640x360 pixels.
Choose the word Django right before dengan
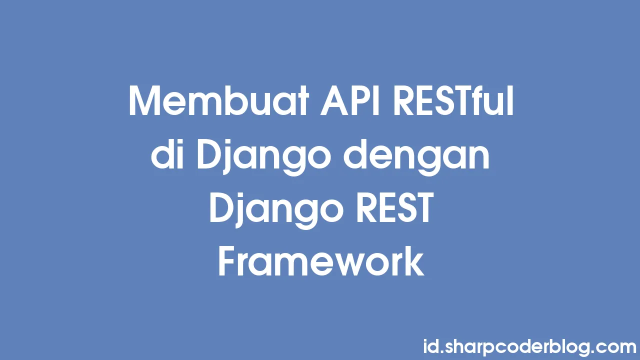click(x=263, y=156)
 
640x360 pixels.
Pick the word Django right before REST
click(x=276, y=210)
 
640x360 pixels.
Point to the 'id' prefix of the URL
click(x=430, y=345)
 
